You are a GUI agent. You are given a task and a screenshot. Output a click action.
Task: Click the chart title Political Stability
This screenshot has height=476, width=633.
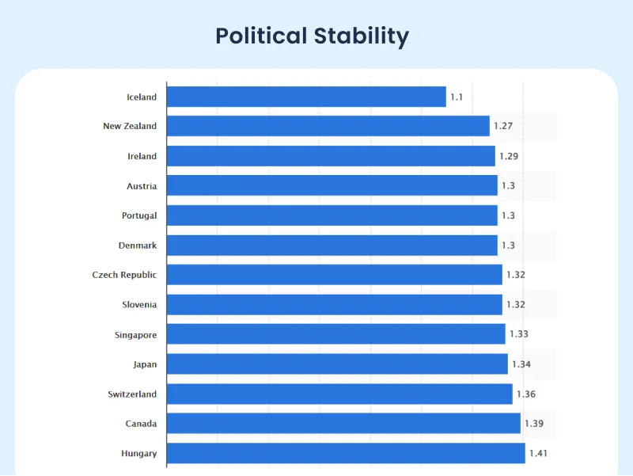coord(313,36)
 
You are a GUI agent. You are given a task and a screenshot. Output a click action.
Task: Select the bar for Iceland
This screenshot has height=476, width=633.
coord(306,97)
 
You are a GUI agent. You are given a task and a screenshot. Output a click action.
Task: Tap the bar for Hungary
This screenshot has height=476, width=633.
coord(346,453)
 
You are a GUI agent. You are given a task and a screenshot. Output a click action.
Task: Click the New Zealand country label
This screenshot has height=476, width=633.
coord(130,126)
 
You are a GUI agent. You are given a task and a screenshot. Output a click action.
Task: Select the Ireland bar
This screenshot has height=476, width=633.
coord(331,156)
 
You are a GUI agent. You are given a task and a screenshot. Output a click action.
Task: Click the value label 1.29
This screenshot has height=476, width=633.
coord(509,156)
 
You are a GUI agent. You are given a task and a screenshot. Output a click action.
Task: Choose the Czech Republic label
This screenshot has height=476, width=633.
coord(124,275)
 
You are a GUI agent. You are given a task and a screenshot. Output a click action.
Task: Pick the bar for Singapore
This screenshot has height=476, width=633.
coord(335,334)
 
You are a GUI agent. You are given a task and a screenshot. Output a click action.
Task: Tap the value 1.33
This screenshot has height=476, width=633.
coord(518,334)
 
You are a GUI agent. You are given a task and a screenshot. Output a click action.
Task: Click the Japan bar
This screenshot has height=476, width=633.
coord(337,364)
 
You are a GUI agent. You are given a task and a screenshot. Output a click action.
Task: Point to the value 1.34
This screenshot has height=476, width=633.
coord(521,364)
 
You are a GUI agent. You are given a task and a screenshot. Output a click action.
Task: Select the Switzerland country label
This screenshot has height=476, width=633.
coord(132,394)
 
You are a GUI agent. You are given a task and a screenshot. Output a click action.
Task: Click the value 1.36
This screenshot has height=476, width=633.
coord(525,394)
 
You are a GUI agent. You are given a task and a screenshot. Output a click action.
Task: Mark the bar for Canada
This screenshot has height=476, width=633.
coord(343,424)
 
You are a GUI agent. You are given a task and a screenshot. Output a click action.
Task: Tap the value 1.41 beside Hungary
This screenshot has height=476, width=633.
coord(538,453)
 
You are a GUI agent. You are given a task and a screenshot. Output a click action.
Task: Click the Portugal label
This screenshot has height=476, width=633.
coord(139,215)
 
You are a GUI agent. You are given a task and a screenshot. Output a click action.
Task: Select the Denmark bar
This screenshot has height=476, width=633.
coord(332,246)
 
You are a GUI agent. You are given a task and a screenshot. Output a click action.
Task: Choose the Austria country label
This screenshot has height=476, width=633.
coord(142,186)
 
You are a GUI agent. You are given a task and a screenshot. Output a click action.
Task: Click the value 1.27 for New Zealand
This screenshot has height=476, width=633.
coord(503,126)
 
